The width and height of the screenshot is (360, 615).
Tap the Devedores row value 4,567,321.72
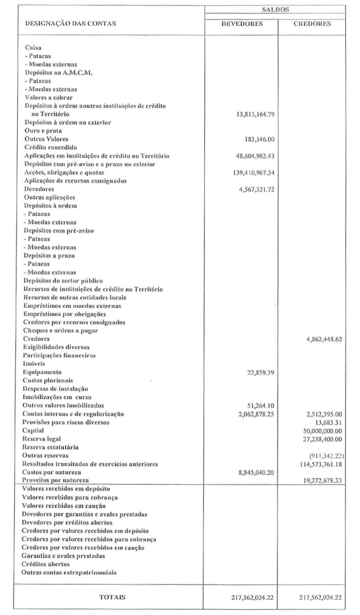point(255,189)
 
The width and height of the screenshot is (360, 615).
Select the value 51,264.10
point(261,405)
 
